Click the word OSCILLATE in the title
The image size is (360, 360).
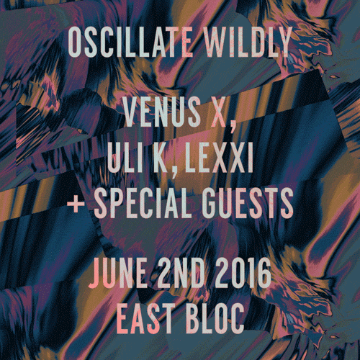click(130, 42)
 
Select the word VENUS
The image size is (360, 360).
click(162, 112)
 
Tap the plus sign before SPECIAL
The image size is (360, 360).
click(76, 204)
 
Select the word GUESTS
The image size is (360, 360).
click(247, 203)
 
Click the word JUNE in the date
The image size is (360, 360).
click(118, 273)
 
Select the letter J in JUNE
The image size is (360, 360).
click(94, 273)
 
